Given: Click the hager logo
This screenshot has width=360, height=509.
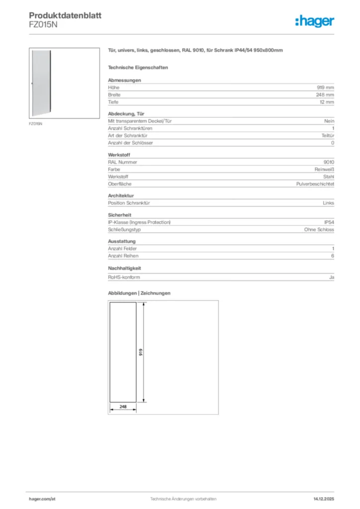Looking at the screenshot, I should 315,21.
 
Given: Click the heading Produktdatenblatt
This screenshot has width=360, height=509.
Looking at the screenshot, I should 65,15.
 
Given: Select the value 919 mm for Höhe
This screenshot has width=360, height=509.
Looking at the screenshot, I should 326,87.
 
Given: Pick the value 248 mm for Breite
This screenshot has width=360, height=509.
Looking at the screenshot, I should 325,94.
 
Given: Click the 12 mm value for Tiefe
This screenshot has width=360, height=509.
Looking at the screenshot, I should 327,102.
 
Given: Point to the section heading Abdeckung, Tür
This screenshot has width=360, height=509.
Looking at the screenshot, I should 123,114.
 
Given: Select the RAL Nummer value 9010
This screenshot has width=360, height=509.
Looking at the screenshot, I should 329,162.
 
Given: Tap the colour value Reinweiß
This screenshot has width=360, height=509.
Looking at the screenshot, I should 324,170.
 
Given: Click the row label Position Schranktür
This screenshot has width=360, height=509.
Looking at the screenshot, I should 129,203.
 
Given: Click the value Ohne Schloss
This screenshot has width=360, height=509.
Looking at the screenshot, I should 319,230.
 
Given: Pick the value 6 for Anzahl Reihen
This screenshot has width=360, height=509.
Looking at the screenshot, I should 333,256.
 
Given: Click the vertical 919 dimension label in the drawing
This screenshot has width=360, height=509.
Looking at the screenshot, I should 141,352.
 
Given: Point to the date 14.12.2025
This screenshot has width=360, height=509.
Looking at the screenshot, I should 324,498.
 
